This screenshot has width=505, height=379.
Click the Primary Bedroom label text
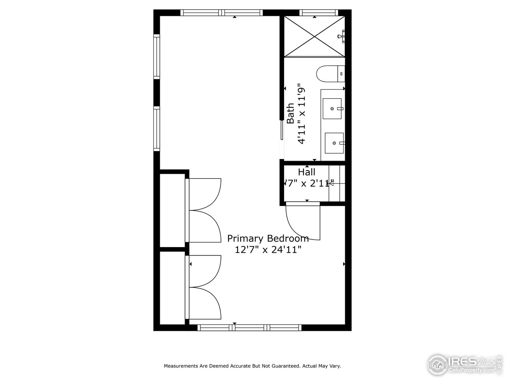[x=267, y=238]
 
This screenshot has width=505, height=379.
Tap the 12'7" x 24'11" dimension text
[x=268, y=250]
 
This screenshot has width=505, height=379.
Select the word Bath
[x=290, y=114]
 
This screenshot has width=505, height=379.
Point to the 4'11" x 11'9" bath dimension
[x=302, y=114]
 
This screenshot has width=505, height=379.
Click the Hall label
[x=307, y=172]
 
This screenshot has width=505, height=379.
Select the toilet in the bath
[x=330, y=73]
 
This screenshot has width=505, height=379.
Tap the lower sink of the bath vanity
[x=334, y=143]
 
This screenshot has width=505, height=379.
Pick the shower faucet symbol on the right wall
[x=341, y=36]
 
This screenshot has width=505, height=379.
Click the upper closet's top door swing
[x=204, y=193]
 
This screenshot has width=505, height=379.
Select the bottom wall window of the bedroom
[x=249, y=327]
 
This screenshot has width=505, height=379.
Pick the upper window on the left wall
[x=157, y=56]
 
